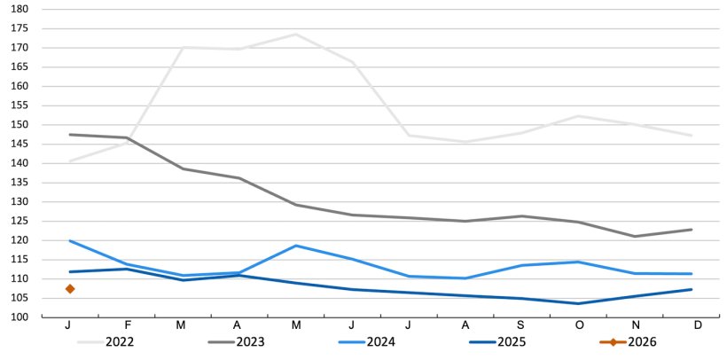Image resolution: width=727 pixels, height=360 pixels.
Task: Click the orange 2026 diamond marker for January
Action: click(x=69, y=288)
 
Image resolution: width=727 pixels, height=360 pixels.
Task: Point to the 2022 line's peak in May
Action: click(x=295, y=35)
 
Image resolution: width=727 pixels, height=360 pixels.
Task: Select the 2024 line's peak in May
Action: click(x=295, y=246)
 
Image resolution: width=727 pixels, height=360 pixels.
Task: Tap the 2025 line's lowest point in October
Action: click(x=578, y=303)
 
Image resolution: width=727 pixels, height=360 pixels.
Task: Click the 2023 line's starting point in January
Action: click(x=69, y=135)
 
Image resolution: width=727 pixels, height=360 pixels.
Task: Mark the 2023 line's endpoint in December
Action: click(x=692, y=230)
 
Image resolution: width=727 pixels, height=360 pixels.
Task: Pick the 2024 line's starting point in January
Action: click(x=69, y=240)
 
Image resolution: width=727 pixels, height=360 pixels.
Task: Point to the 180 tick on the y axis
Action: click(x=20, y=9)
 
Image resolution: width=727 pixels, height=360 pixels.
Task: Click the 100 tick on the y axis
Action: click(x=20, y=317)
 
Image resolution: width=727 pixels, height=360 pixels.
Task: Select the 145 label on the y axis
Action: click(x=20, y=144)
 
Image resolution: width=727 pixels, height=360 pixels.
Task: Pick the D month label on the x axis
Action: click(x=698, y=325)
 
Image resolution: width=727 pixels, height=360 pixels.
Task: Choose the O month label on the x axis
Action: click(x=578, y=325)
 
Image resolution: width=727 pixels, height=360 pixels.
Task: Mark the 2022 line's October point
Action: click(x=578, y=116)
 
